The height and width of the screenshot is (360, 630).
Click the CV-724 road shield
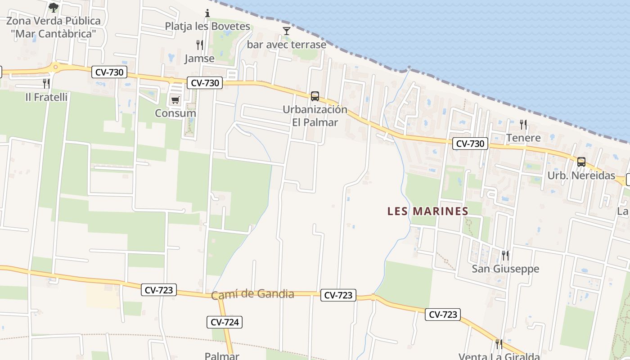225,322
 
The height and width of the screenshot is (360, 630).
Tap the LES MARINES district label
428,211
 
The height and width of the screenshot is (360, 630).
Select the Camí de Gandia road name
252,295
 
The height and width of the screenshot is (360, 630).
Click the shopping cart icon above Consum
175,100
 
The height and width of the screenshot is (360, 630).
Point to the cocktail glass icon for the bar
286,31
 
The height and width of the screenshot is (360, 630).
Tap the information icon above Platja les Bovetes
207,13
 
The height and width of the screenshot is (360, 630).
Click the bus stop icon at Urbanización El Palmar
315,96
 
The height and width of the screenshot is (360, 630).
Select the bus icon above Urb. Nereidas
581,162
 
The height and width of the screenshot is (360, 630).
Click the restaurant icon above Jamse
199,45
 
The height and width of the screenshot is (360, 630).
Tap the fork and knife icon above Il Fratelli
46,83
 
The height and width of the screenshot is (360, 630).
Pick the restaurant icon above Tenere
523,124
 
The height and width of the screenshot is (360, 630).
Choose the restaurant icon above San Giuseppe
505,256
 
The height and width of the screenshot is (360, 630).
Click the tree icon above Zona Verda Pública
54,7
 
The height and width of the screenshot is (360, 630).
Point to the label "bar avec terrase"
286,45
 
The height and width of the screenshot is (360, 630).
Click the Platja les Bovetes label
207,26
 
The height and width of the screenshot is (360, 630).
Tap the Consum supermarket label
175,113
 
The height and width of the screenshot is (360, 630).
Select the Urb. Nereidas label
581,175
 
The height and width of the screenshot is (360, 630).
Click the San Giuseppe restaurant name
505,269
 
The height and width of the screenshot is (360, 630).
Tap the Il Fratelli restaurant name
46,97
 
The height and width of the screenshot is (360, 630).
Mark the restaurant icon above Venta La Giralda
499,344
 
